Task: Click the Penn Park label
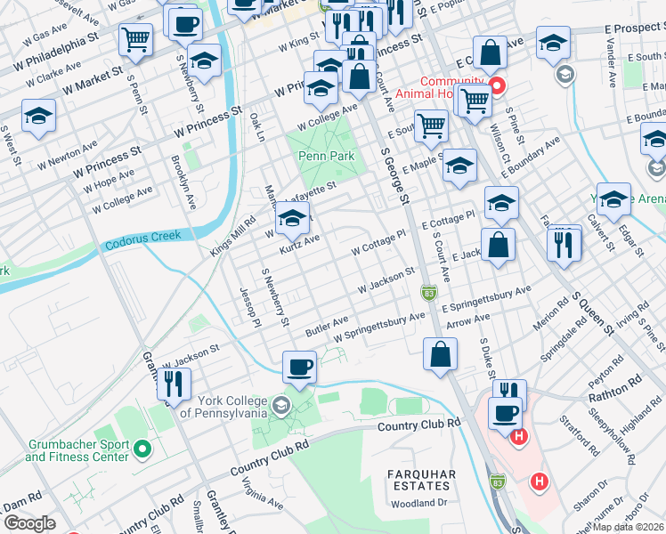pyautogui.click(x=326, y=157)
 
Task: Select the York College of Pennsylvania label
pyautogui.click(x=223, y=407)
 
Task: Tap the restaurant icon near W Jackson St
pyautogui.click(x=174, y=384)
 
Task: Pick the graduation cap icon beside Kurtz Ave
pyautogui.click(x=292, y=216)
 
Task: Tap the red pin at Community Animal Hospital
pyautogui.click(x=498, y=87)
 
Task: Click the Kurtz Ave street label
pyautogui.click(x=299, y=243)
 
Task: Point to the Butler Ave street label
pyautogui.click(x=326, y=324)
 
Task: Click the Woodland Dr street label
pyautogui.click(x=420, y=503)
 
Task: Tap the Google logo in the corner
pyautogui.click(x=29, y=522)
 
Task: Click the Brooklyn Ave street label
pyautogui.click(x=183, y=182)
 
